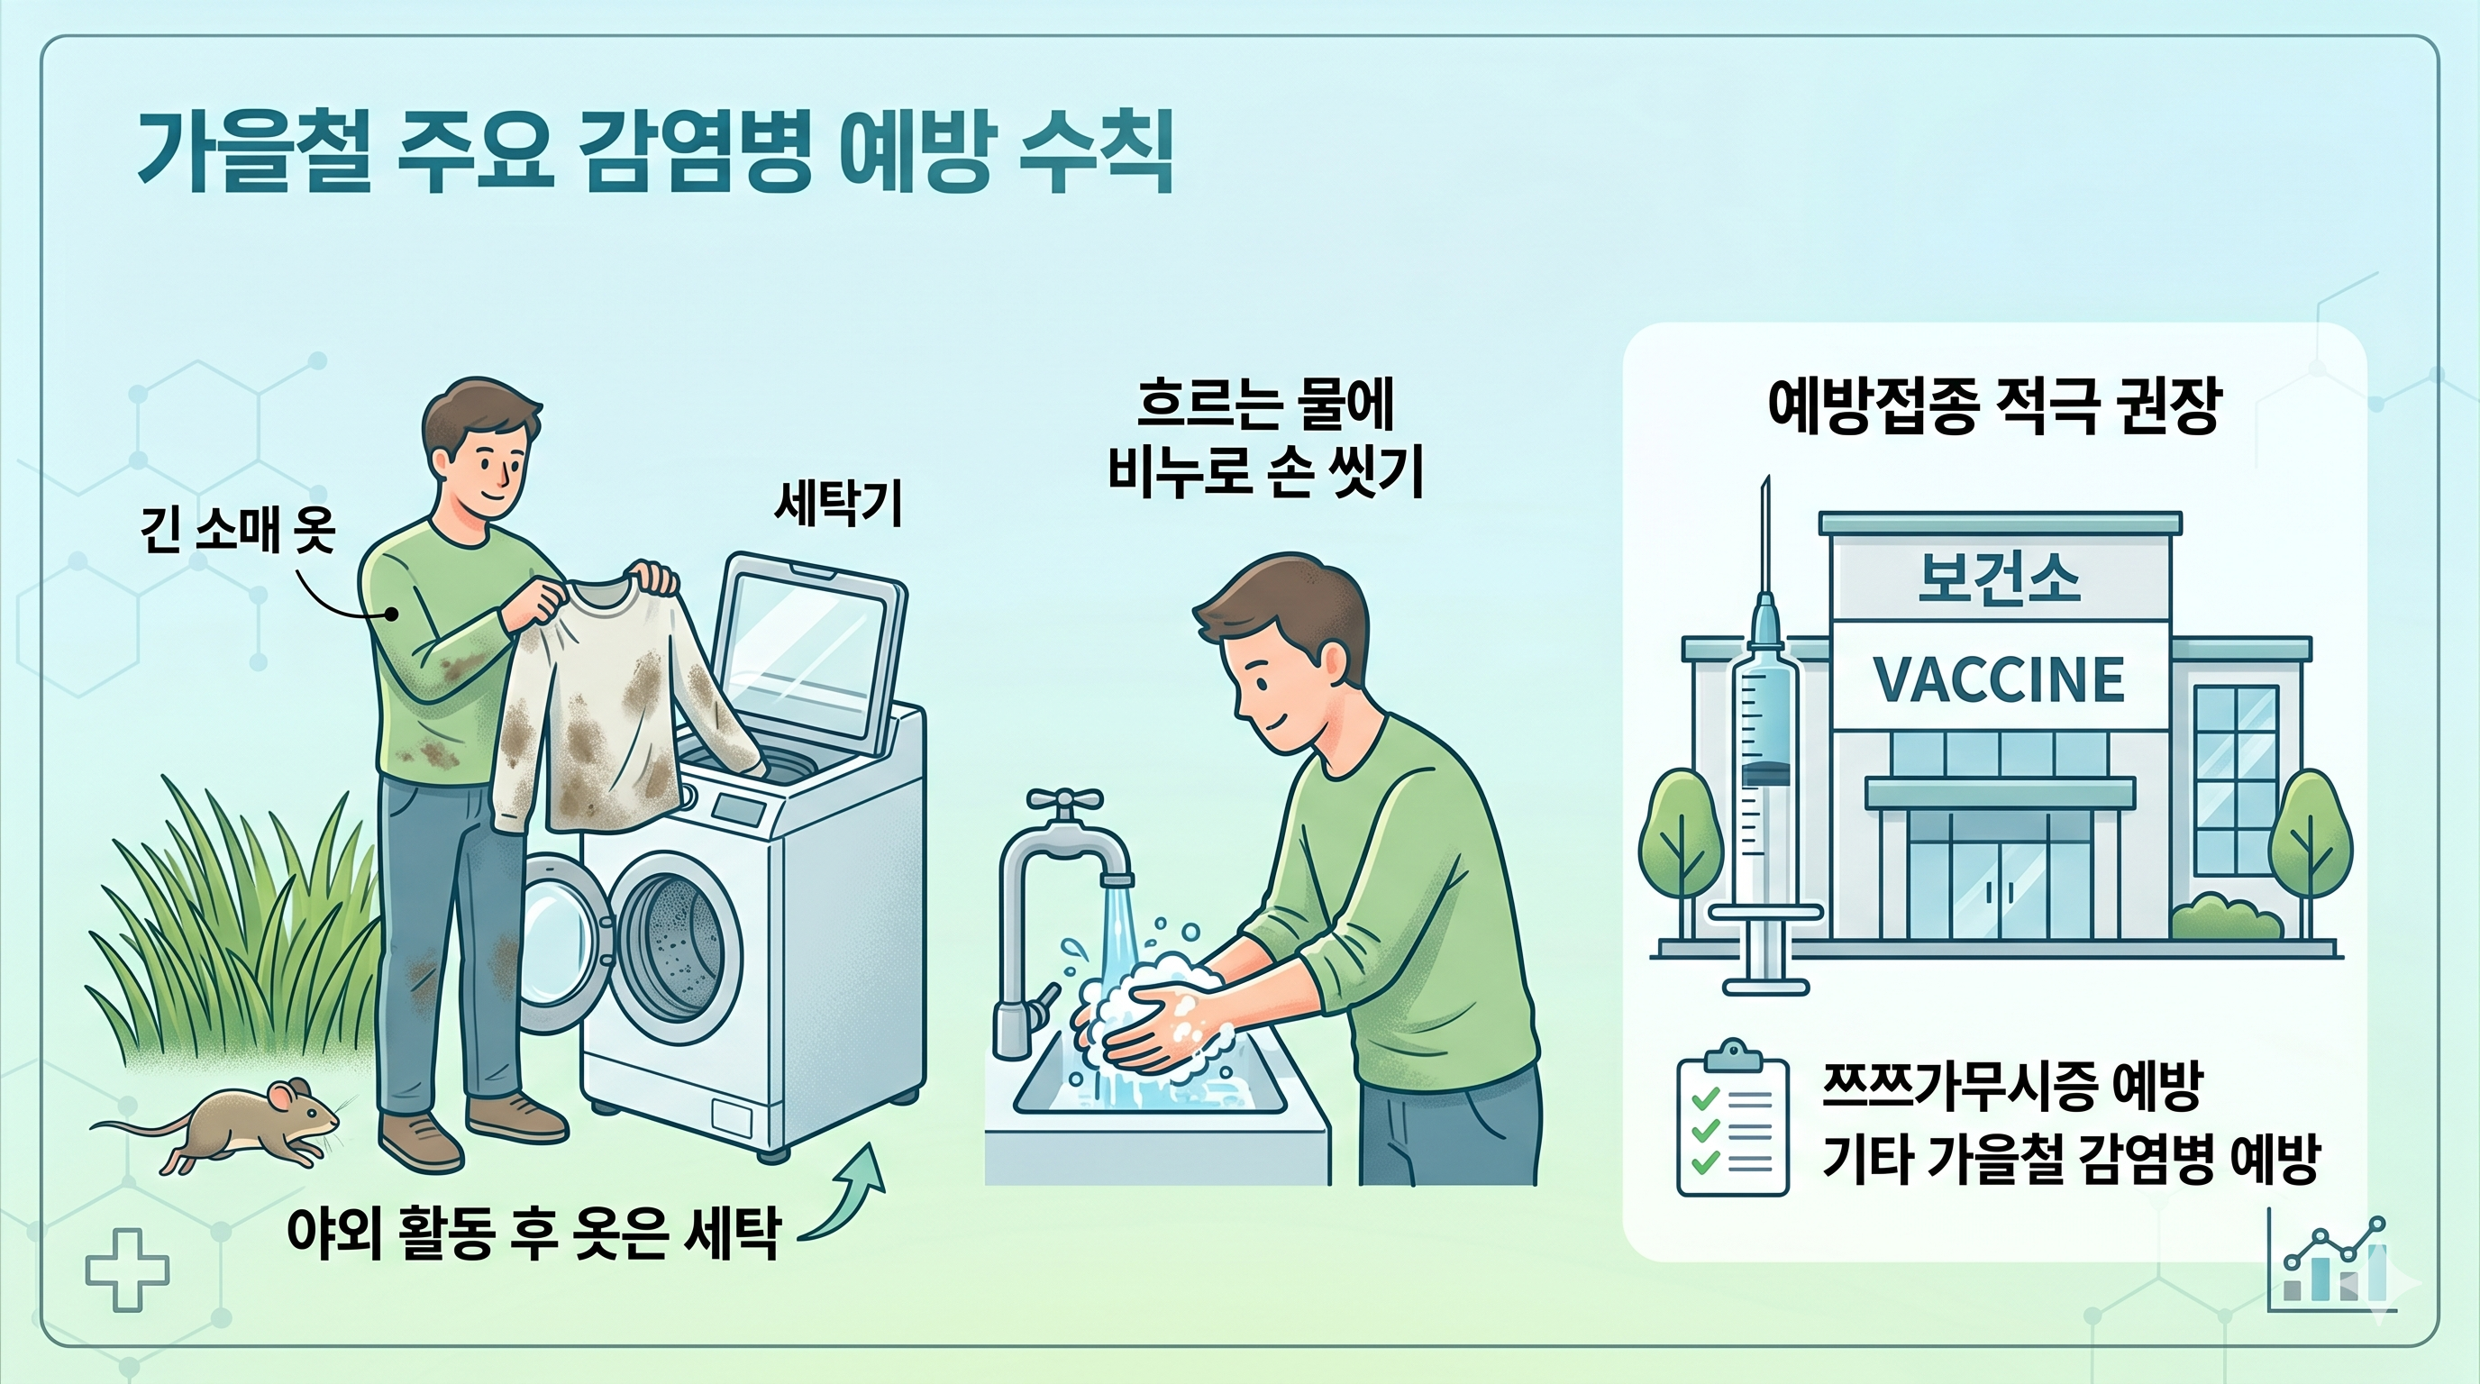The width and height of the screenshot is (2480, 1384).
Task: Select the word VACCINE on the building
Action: tap(1999, 679)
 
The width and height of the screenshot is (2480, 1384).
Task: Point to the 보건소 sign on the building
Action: tap(1999, 578)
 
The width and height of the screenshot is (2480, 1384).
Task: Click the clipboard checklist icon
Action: tap(1732, 1119)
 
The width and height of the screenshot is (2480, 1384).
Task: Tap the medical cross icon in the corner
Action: tap(127, 1270)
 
